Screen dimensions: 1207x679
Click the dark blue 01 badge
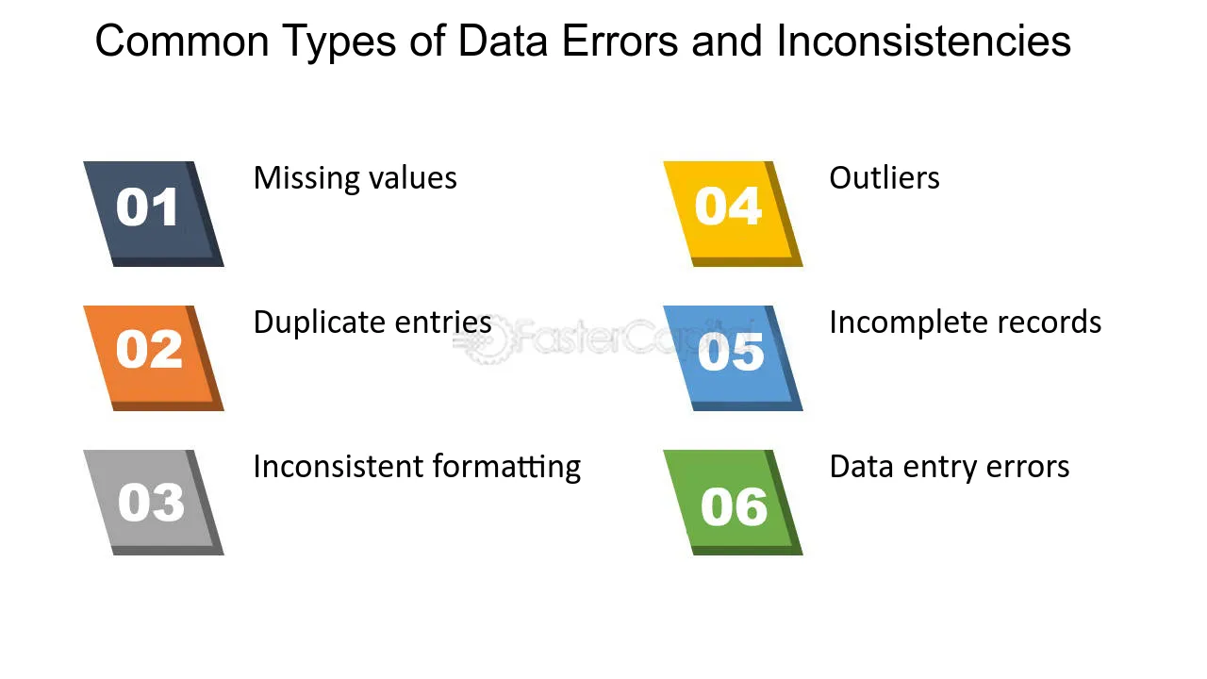pyautogui.click(x=154, y=214)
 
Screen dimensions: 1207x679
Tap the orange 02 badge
pyautogui.click(x=154, y=358)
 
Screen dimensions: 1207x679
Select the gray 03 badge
pyautogui.click(x=154, y=503)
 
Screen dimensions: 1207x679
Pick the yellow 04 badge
pyautogui.click(x=733, y=214)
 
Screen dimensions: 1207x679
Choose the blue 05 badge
pyautogui.click(x=733, y=358)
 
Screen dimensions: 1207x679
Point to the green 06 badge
pyautogui.click(x=733, y=503)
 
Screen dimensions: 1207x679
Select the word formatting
pyautogui.click(x=506, y=467)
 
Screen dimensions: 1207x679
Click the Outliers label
pyautogui.click(x=885, y=178)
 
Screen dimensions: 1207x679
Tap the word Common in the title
pyautogui.click(x=182, y=41)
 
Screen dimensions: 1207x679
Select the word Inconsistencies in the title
pyautogui.click(x=923, y=41)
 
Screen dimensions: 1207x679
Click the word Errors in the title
pyautogui.click(x=620, y=41)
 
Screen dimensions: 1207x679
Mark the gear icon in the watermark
pyautogui.click(x=489, y=339)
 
